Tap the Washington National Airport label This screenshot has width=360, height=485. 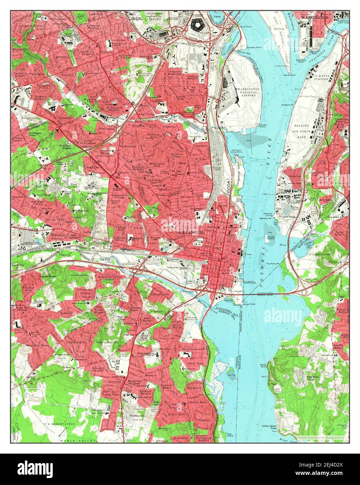coord(248,92)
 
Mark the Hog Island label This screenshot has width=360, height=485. coord(229,434)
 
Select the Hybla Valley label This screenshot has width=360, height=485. coord(83,441)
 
